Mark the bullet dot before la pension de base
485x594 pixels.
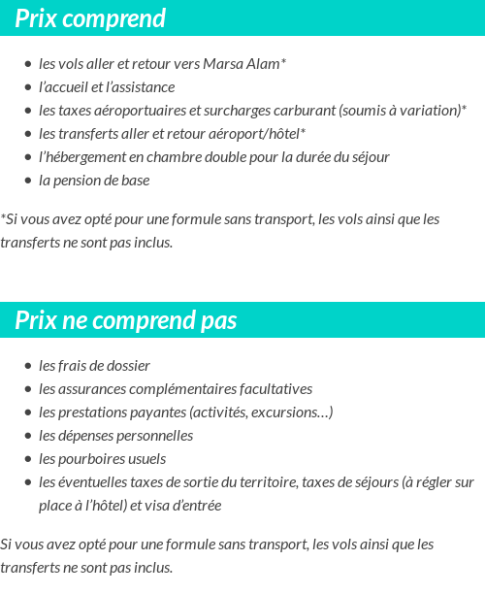(x=29, y=181)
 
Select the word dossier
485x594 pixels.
(x=128, y=366)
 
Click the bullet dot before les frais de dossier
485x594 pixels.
(x=29, y=367)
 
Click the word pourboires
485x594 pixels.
(x=93, y=459)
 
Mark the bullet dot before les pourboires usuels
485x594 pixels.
(x=29, y=460)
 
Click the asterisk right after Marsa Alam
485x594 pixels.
(x=283, y=61)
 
